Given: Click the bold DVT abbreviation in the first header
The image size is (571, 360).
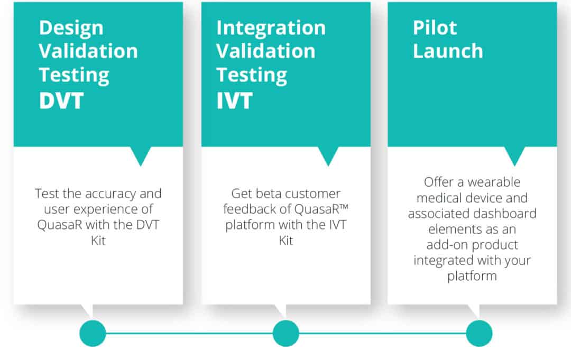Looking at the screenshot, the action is (61, 100).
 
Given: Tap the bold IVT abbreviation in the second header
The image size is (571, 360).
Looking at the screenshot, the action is (234, 100).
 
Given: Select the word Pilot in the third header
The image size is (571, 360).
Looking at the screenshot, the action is (435, 27).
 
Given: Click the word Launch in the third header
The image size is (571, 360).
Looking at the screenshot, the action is (448, 51).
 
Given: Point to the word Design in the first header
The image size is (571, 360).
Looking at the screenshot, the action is (71, 29).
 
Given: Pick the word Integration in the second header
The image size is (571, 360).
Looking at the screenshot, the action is (271, 29).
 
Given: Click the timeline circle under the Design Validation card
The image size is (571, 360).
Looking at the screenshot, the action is (93, 333).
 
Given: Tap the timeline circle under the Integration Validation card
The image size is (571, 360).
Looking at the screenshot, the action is (286, 333).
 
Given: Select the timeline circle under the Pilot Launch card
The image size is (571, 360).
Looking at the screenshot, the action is (479, 333).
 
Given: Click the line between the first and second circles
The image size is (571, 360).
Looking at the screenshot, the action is (189, 333).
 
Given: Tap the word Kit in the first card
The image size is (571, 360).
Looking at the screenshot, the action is (98, 241).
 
